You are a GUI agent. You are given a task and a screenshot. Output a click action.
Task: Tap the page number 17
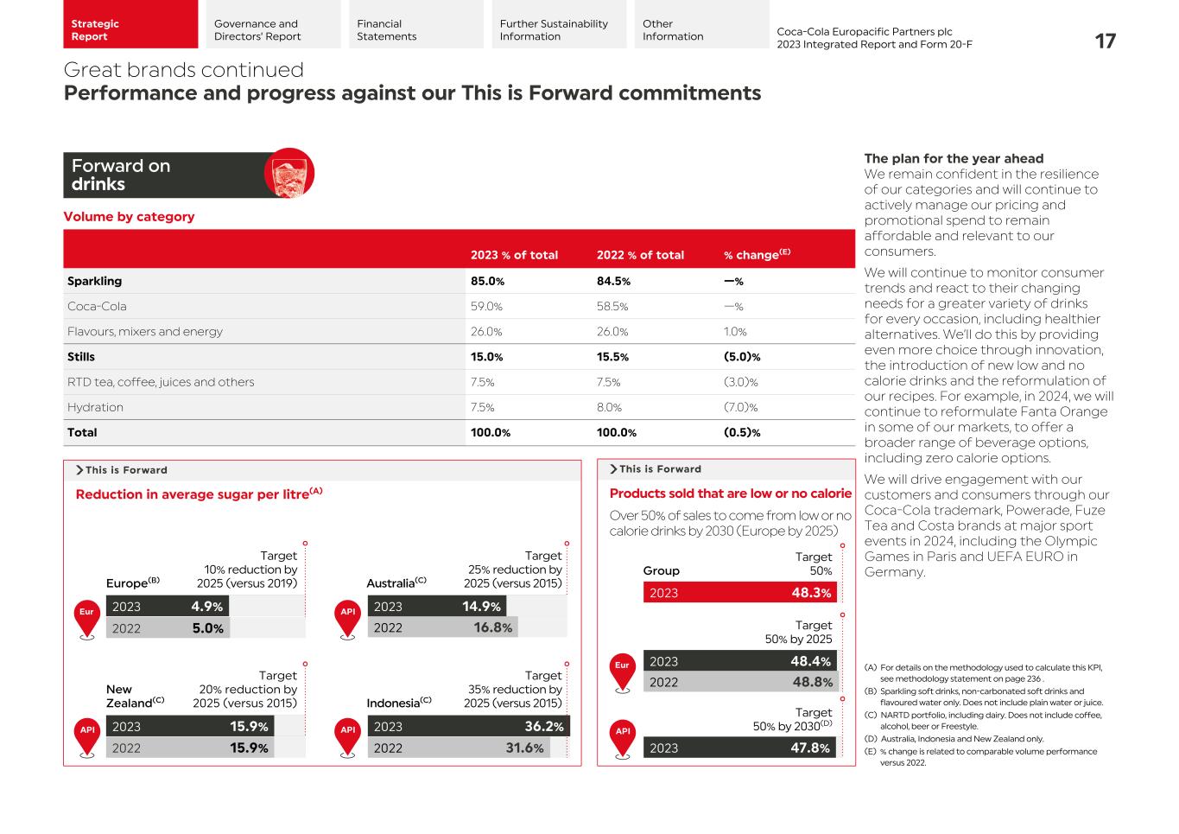pyautogui.click(x=1105, y=41)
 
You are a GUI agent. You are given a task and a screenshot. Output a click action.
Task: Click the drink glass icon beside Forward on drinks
pyautogui.click(x=288, y=174)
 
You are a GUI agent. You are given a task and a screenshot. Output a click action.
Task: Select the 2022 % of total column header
pyautogui.click(x=639, y=255)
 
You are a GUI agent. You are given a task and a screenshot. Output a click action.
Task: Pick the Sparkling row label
pyautogui.click(x=95, y=281)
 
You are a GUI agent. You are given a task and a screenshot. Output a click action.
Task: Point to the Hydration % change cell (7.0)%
pyautogui.click(x=740, y=407)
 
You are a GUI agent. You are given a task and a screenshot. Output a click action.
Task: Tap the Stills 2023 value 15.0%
pyautogui.click(x=486, y=357)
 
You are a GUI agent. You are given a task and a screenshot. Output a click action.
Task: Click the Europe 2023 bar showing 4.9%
pyautogui.click(x=167, y=607)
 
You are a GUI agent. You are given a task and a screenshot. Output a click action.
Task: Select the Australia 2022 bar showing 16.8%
pyautogui.click(x=442, y=628)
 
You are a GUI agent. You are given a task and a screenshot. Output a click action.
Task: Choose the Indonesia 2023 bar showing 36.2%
pyautogui.click(x=468, y=727)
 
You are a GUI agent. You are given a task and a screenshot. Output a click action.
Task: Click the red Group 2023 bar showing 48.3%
pyautogui.click(x=739, y=593)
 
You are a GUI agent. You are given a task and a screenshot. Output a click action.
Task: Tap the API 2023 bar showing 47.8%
pyautogui.click(x=739, y=748)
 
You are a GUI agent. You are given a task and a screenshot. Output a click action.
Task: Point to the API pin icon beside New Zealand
pyautogui.click(x=86, y=737)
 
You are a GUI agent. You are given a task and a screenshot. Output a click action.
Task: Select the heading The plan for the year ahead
pyautogui.click(x=954, y=159)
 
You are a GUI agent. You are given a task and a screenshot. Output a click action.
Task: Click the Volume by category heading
pyautogui.click(x=129, y=217)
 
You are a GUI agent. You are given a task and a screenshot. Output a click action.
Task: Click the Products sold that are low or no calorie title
pyautogui.click(x=730, y=493)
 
